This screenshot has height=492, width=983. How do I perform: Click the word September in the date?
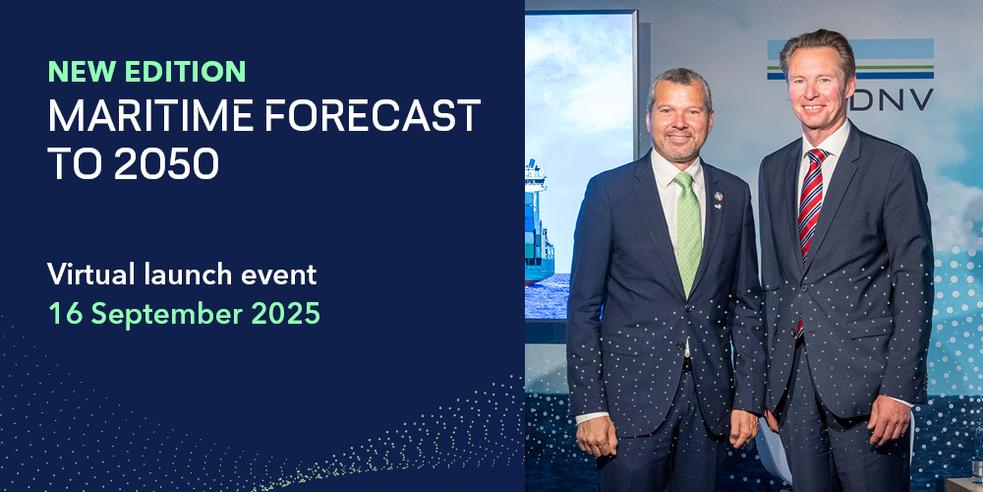(167, 314)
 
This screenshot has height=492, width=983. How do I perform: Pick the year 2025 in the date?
(285, 313)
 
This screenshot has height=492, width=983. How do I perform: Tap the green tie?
(688, 233)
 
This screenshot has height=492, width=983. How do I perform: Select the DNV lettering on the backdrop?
(893, 99)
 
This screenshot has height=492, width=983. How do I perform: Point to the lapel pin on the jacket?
(718, 200)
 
